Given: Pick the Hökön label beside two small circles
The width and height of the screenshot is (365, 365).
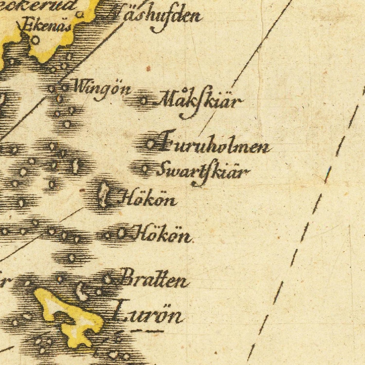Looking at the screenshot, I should pyautogui.click(x=163, y=236).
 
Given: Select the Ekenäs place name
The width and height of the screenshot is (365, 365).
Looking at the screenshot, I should pyautogui.click(x=47, y=27).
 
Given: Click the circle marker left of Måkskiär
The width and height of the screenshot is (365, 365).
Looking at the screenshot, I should pyautogui.click(x=143, y=102).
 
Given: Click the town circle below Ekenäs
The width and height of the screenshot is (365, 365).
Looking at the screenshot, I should pyautogui.click(x=36, y=40).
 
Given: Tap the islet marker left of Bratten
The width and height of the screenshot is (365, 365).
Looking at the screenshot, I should pyautogui.click(x=108, y=279).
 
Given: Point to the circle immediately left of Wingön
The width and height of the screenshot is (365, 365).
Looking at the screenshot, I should pyautogui.click(x=65, y=88).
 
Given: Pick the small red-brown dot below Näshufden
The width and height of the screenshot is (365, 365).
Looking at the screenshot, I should pyautogui.click(x=148, y=68).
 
